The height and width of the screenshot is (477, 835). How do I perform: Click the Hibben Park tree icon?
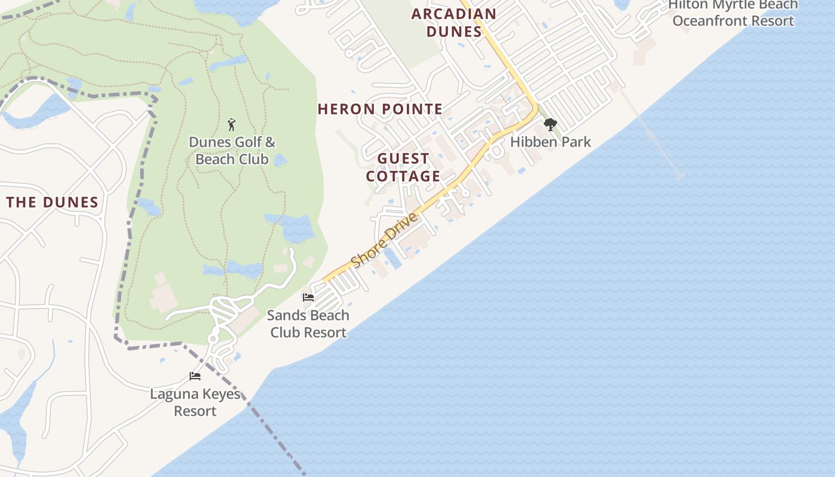(550, 125)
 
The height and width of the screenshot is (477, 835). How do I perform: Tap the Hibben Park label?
(550, 142)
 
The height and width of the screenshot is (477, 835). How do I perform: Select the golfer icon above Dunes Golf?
(232, 125)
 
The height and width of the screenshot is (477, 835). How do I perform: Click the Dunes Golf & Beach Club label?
(232, 151)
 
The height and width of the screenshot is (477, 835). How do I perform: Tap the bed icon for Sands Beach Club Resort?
(308, 297)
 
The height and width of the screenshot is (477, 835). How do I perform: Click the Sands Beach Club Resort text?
(308, 324)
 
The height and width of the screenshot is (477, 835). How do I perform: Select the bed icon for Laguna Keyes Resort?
(195, 376)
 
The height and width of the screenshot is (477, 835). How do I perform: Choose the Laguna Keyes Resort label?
(195, 402)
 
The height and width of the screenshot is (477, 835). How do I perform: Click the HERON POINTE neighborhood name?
(380, 109)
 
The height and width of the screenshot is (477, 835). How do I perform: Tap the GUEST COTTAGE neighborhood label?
(403, 168)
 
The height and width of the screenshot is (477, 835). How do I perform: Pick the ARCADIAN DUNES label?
(454, 23)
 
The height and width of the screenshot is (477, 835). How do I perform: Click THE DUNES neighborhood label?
(52, 202)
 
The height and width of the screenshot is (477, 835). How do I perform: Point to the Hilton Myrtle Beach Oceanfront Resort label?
(732, 13)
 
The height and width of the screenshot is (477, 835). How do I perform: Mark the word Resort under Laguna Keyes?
(195, 411)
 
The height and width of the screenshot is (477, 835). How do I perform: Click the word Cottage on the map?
(403, 176)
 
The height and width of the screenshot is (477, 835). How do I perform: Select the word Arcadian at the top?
(454, 14)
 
